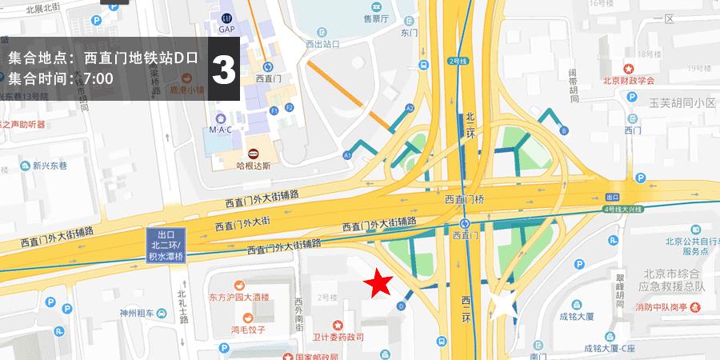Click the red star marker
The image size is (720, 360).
[x=378, y=283]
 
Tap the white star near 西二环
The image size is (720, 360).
[x=502, y=306]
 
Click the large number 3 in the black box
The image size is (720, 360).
[x=224, y=69]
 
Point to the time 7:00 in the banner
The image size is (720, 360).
[x=98, y=78]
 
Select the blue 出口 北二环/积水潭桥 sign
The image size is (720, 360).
[x=166, y=246]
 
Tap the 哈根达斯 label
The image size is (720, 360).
[x=254, y=166]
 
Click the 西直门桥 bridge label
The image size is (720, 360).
[x=468, y=199]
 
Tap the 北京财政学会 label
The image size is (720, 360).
[x=628, y=80]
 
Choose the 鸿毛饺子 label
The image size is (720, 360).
[x=248, y=328]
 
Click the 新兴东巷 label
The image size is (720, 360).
[x=52, y=166]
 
